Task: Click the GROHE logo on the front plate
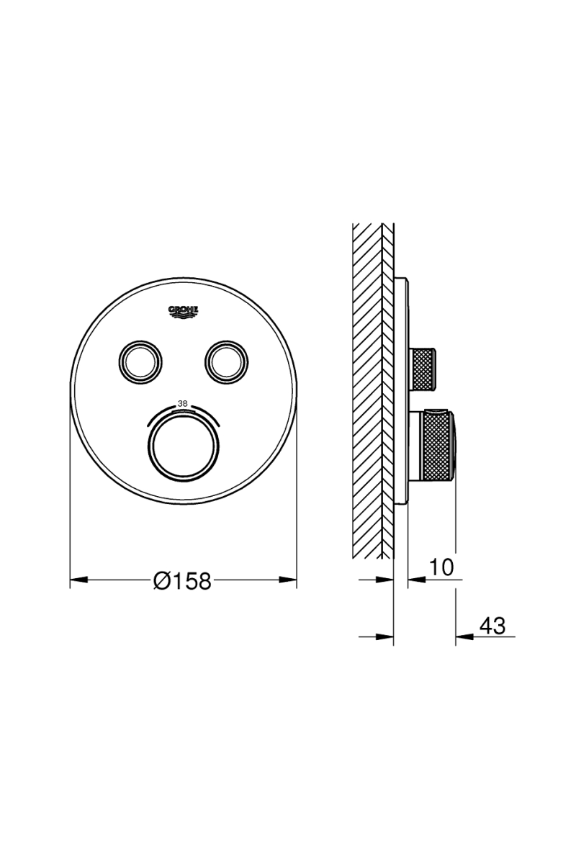click(183, 312)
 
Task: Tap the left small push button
click(140, 362)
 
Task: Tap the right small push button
click(227, 362)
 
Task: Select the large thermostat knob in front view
click(184, 448)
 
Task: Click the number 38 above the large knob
click(182, 404)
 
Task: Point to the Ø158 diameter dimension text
click(182, 580)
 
